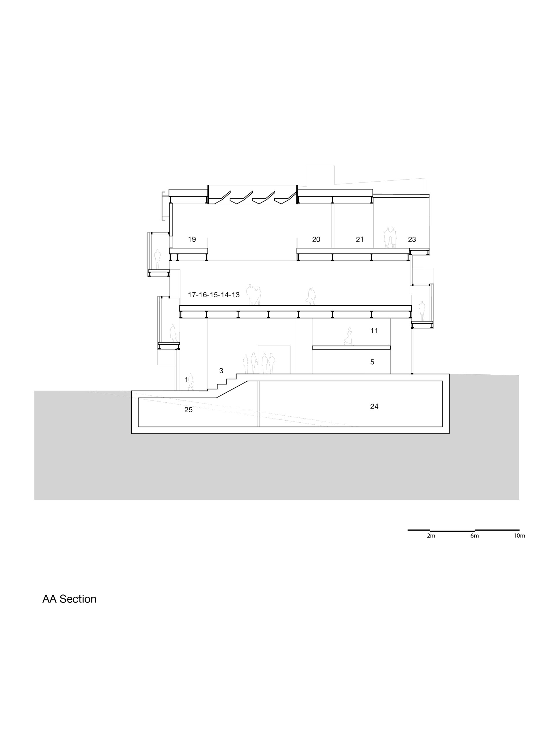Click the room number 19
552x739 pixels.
[192, 240]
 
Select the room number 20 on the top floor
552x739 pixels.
[316, 240]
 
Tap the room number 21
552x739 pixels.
[359, 240]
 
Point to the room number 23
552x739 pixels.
[412, 240]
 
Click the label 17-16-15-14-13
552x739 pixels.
[214, 295]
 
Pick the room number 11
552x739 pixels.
[374, 331]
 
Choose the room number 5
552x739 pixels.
[372, 362]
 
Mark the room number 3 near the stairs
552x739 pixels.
[221, 371]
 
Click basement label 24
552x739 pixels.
[374, 406]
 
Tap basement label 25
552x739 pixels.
[189, 410]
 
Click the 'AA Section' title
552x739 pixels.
[69, 599]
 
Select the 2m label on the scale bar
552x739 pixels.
[431, 536]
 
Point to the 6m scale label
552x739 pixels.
[474, 536]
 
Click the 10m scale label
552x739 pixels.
[519, 536]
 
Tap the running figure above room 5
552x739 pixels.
[348, 336]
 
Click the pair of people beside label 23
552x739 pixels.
[390, 238]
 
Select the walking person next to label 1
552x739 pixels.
[191, 382]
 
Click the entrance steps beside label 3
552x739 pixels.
[222, 382]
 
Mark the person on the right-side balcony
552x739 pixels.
[422, 311]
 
